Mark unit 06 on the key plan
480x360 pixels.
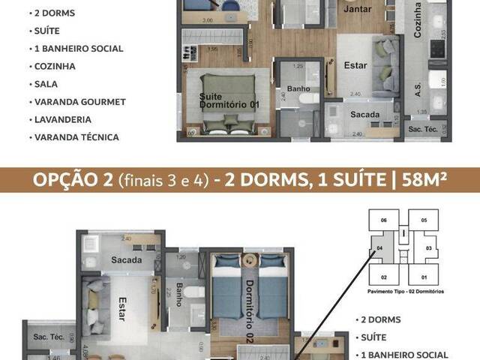click(x=383, y=220)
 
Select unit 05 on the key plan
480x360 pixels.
click(x=424, y=220)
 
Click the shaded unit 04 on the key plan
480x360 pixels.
click(x=379, y=247)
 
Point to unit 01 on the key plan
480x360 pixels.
click(x=424, y=277)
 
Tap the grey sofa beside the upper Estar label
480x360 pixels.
click(x=386, y=60)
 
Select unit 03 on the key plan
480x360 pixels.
click(x=429, y=247)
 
